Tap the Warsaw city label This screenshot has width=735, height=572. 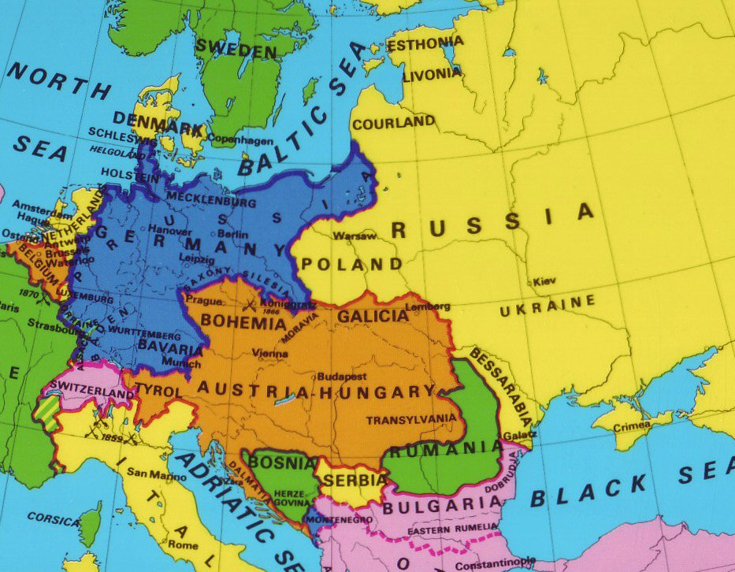(x=351, y=236)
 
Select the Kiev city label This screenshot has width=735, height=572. (x=544, y=281)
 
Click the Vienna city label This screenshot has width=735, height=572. (x=270, y=355)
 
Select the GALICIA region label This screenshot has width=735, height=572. (x=373, y=316)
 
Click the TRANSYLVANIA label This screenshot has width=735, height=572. (x=410, y=419)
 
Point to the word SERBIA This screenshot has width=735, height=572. (x=362, y=479)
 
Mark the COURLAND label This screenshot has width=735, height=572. (x=393, y=123)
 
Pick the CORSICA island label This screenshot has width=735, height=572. (x=54, y=520)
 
